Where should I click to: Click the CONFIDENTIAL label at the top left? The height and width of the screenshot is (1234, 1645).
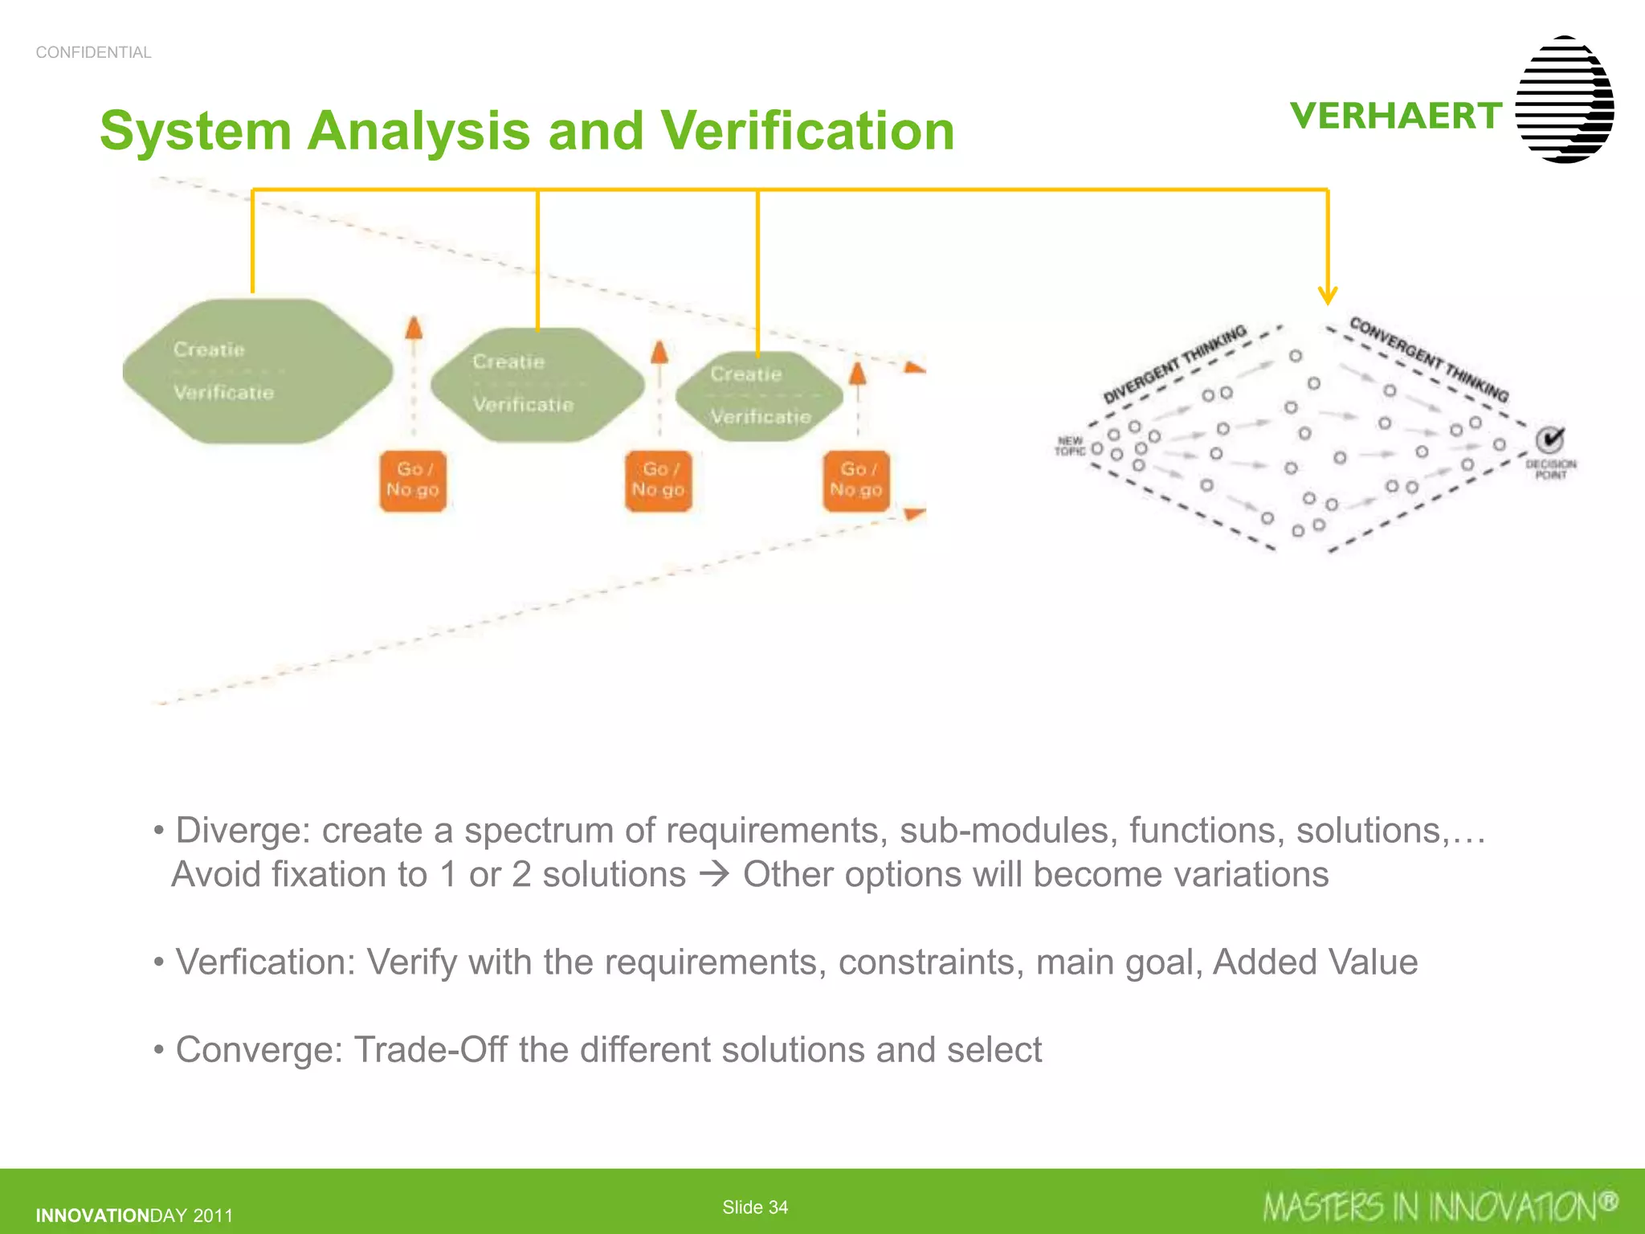[x=93, y=52]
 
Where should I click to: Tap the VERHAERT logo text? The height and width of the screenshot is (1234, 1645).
[x=1395, y=116]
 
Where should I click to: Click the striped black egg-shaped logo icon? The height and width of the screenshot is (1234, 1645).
[x=1564, y=100]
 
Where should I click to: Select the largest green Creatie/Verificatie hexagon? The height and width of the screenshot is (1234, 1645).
[x=257, y=371]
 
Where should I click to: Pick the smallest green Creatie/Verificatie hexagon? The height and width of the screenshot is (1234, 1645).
[x=759, y=396]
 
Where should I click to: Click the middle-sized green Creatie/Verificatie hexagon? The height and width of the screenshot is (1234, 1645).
[x=537, y=384]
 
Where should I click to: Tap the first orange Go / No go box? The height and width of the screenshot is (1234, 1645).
[x=413, y=480]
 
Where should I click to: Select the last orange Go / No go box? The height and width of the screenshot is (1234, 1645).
[x=856, y=480]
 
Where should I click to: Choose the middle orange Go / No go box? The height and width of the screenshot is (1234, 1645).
[x=658, y=480]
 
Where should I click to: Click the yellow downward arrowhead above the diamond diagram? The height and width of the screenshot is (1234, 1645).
[x=1328, y=295]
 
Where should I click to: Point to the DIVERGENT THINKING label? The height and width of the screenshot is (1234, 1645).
[x=1174, y=364]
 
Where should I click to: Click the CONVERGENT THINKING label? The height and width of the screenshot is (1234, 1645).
[x=1429, y=358]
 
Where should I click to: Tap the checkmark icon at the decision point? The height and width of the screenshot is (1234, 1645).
[x=1550, y=439]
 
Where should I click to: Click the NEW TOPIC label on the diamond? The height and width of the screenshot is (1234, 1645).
[x=1070, y=446]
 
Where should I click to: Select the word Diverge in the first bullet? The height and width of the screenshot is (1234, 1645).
[x=241, y=831]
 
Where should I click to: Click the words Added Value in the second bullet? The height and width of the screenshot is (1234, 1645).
[x=1315, y=962]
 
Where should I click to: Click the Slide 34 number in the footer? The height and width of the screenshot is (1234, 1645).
[x=755, y=1207]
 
